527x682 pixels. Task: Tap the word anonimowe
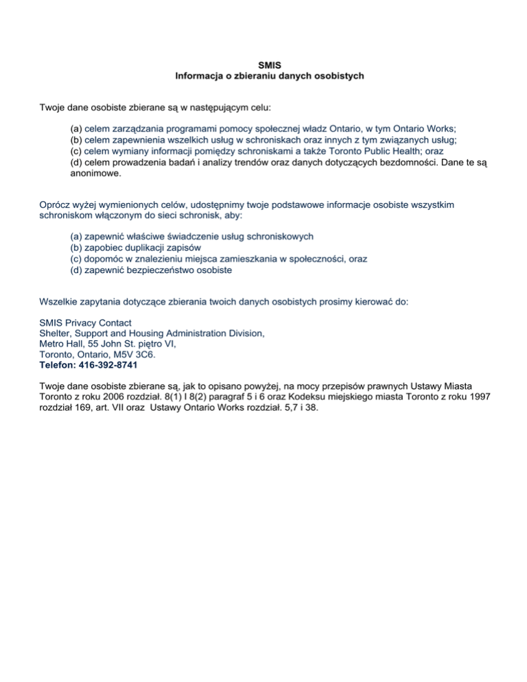coord(95,174)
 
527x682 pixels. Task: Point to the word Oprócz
coord(55,205)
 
